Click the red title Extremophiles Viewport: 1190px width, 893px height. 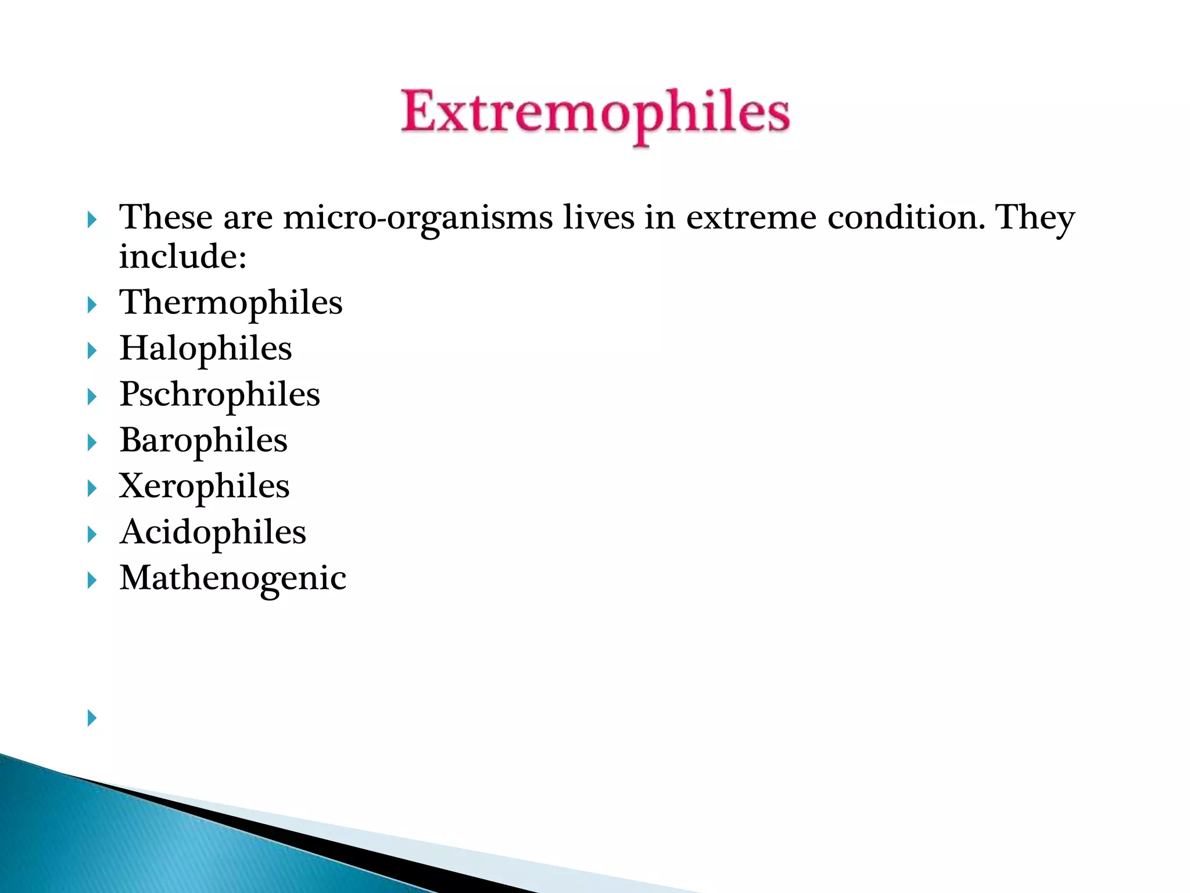pyautogui.click(x=595, y=114)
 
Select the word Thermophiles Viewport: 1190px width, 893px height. pyautogui.click(x=231, y=303)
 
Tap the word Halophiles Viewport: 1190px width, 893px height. pyautogui.click(x=206, y=349)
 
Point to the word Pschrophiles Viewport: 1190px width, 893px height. pyautogui.click(x=220, y=395)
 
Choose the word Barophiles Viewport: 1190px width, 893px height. pyautogui.click(x=203, y=441)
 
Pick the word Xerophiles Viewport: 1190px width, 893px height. pyautogui.click(x=204, y=487)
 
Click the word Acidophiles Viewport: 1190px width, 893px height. pyautogui.click(x=213, y=533)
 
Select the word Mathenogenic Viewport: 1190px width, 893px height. pyautogui.click(x=233, y=578)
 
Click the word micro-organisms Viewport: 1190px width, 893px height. pyautogui.click(x=418, y=218)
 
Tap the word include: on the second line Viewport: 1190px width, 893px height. pyautogui.click(x=183, y=257)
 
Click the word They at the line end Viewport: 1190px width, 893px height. pyautogui.click(x=1035, y=218)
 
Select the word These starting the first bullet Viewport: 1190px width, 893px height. pyautogui.click(x=166, y=218)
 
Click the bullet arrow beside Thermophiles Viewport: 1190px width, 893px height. pyautogui.click(x=92, y=305)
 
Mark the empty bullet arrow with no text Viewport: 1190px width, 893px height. pyautogui.click(x=92, y=718)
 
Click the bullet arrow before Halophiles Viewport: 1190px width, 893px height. pyautogui.click(x=92, y=351)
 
